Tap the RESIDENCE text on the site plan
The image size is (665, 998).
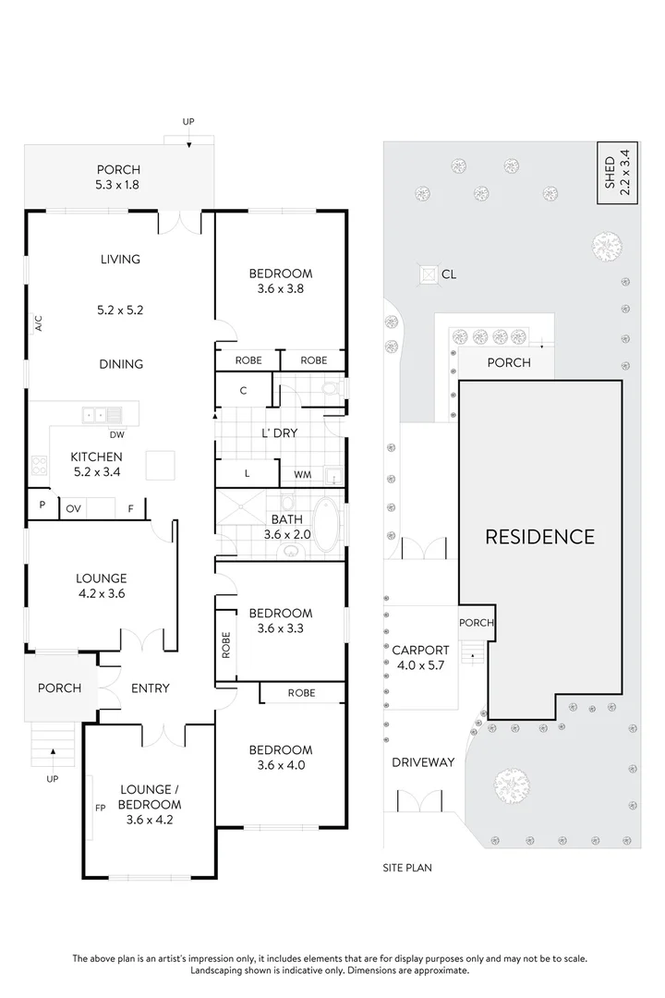[x=540, y=536]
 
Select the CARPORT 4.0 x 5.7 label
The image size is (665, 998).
[x=420, y=656]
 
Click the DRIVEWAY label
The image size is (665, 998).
[x=422, y=762]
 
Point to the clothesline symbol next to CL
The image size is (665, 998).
[x=429, y=274]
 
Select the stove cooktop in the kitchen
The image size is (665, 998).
[x=39, y=465]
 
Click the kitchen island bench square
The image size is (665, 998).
[x=160, y=464]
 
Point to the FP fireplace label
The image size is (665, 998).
[x=100, y=805]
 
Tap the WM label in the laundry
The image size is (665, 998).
[x=302, y=475]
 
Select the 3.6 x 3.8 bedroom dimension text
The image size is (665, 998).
[x=281, y=288]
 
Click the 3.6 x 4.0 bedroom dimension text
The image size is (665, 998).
[x=281, y=764]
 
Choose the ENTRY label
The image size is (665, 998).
[x=150, y=688]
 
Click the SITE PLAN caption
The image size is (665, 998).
[x=407, y=868]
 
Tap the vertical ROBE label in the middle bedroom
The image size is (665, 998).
[x=225, y=644]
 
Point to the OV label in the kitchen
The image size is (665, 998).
[x=73, y=507]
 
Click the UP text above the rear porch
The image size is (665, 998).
[x=188, y=121]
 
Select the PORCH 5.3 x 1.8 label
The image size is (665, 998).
[x=118, y=176]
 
